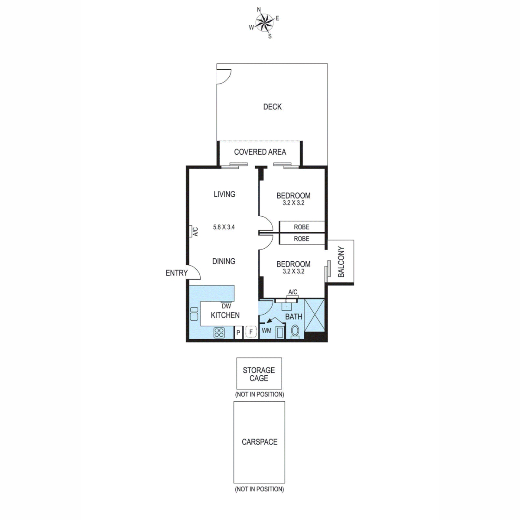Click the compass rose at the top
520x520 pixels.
264,23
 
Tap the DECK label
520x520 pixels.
272,107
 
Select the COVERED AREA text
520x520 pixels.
260,152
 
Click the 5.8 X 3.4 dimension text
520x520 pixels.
224,227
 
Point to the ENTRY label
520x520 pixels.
176,273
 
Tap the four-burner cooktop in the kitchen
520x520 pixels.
219,332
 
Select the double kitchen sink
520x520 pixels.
194,314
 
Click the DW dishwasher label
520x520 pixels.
226,306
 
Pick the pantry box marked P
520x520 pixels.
238,332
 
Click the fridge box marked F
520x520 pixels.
251,332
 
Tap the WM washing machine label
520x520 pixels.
266,331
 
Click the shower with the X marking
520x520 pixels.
314,315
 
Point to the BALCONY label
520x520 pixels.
341,262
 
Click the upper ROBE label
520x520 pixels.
302,227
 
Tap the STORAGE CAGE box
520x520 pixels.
259,374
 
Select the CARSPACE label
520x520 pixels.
260,442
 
